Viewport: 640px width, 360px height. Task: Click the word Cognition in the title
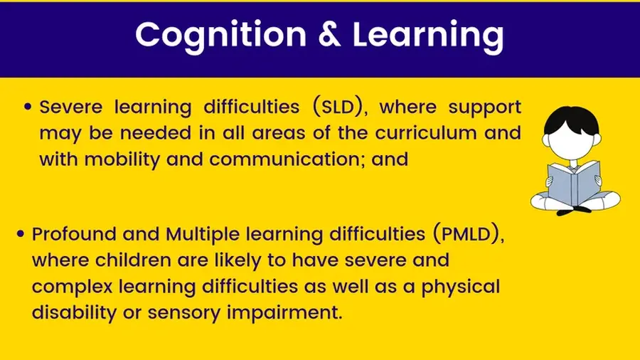coord(221,36)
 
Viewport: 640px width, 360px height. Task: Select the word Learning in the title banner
coord(428,36)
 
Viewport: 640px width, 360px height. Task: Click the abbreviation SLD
coord(338,107)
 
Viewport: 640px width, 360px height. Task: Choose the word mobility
coord(122,159)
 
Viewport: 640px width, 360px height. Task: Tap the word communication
coord(287,159)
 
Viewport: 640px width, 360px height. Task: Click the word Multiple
coord(203,235)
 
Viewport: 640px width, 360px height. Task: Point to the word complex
coord(73,287)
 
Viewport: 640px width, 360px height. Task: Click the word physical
coord(460,287)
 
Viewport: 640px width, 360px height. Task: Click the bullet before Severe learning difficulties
coord(28,107)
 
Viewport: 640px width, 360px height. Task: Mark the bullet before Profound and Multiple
coord(21,234)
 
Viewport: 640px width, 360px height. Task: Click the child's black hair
coord(572,120)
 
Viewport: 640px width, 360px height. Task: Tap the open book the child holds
coord(575,184)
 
